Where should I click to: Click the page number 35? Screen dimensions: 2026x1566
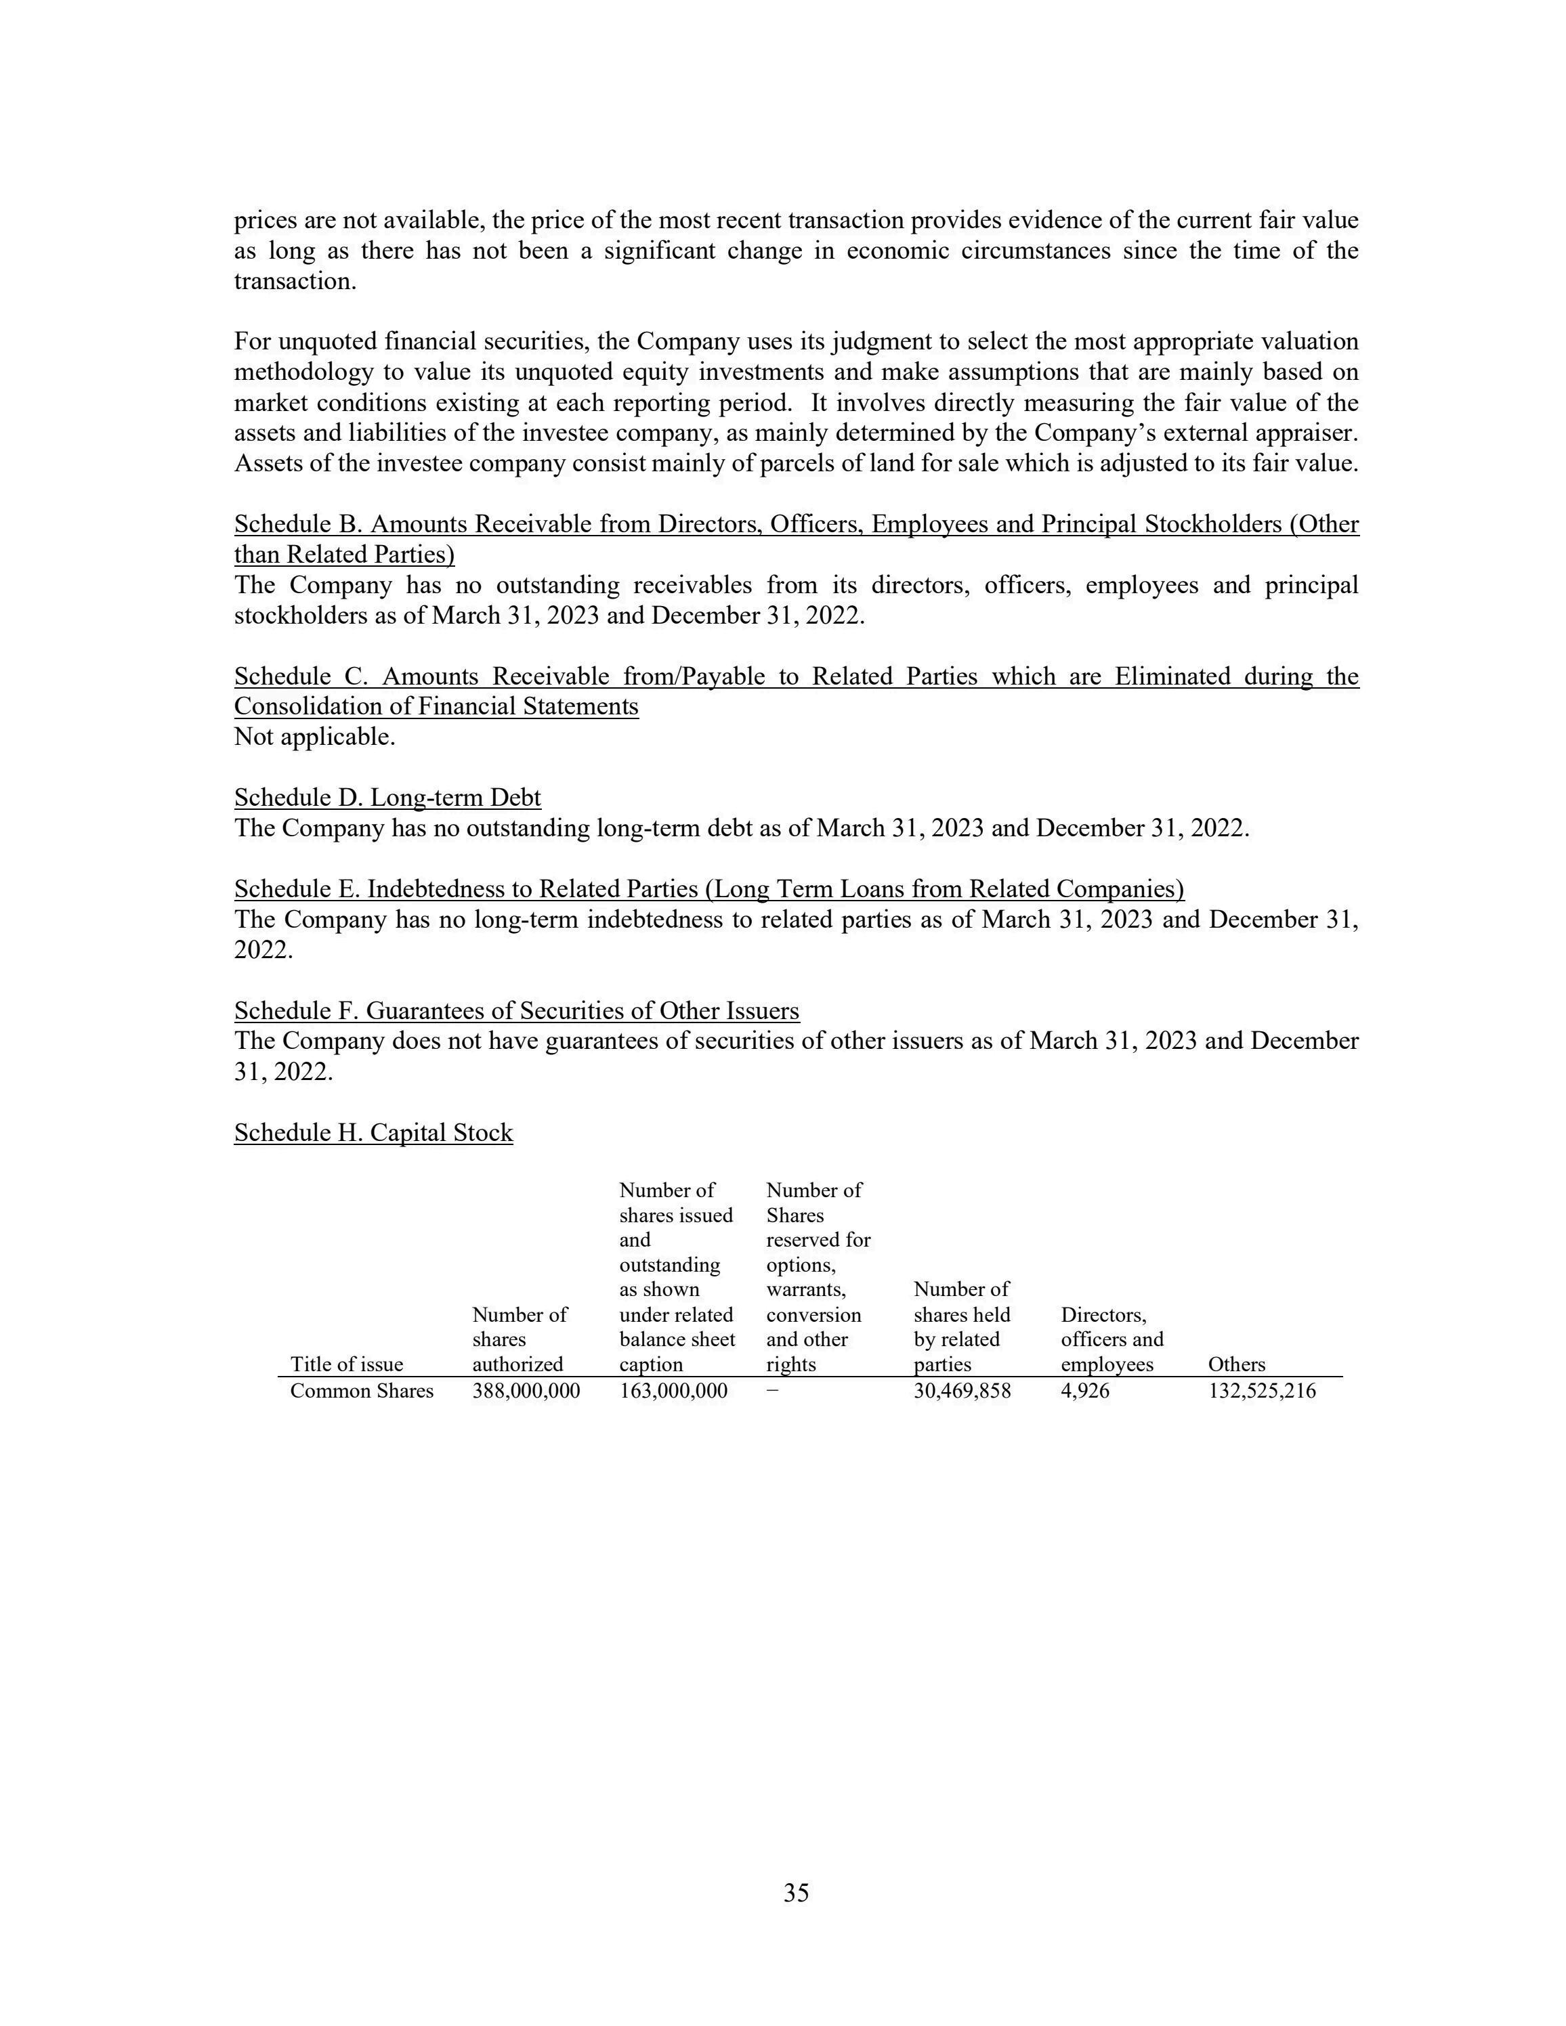[796, 1893]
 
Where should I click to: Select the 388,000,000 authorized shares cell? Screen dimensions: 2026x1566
[526, 1392]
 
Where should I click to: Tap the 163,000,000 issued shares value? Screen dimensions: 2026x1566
[673, 1392]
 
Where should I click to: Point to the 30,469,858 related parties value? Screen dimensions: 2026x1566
[962, 1392]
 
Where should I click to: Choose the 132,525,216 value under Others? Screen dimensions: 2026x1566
[1262, 1392]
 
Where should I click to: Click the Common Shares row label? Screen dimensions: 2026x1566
[362, 1392]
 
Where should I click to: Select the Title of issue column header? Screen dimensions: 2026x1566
[346, 1364]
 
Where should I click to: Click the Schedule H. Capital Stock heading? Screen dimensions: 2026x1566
[373, 1133]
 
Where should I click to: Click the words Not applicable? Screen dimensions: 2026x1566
[314, 737]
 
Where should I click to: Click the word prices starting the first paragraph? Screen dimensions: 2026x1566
[263, 221]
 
